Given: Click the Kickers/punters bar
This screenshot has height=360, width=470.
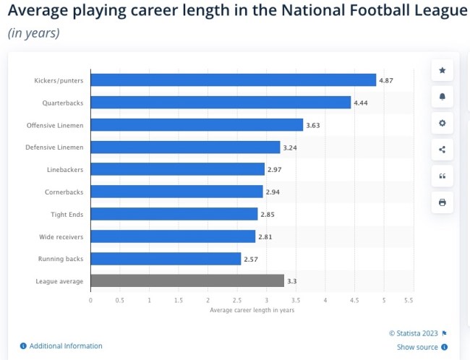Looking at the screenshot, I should click(233, 80).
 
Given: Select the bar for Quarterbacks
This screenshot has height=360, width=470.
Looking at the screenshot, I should click(221, 103).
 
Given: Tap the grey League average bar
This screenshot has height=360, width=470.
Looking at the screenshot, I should click(187, 280).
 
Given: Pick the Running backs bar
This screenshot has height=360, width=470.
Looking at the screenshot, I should click(166, 258).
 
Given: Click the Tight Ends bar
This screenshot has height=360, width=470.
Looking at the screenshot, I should click(174, 214).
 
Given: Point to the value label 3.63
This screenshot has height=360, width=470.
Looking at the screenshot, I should click(313, 125).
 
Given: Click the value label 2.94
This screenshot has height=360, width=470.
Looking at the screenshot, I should click(273, 192).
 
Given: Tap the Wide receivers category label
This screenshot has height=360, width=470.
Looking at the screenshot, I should click(61, 236).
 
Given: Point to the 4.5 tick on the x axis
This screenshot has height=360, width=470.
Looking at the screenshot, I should click(354, 299).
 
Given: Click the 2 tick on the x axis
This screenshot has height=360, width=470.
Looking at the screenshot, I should click(208, 299).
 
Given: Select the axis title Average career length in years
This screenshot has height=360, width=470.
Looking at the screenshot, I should click(252, 310).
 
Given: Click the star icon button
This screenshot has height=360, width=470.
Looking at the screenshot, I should click(442, 71).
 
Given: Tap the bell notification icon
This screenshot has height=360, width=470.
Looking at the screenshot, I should click(442, 97).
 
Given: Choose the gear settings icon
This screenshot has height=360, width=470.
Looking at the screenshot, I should click(442, 123).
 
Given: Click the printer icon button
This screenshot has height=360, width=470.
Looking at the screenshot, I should click(442, 202).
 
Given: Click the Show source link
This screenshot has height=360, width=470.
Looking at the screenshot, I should click(417, 347).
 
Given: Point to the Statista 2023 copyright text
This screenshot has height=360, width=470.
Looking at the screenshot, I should click(414, 333).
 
